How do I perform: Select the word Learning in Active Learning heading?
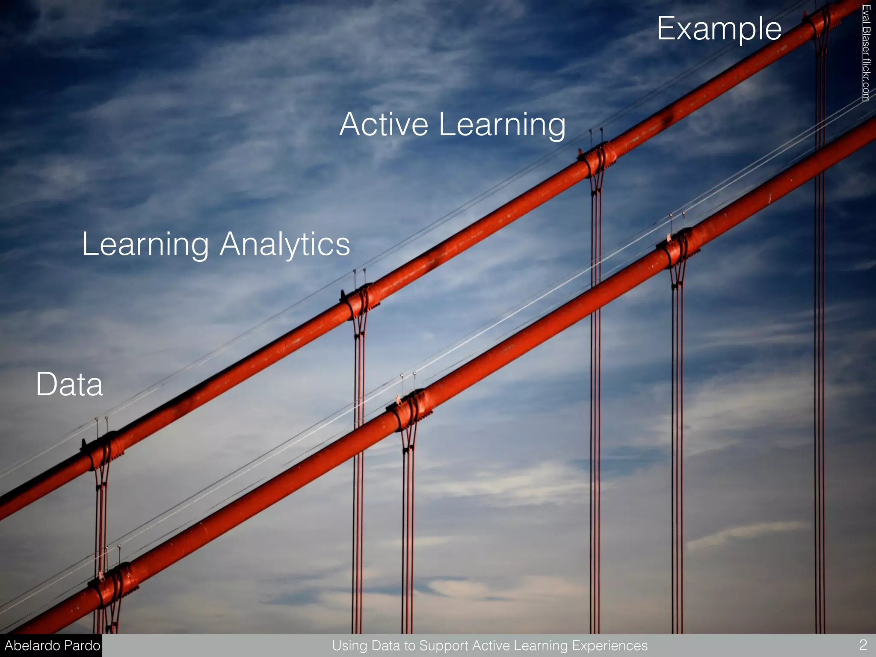pyautogui.click(x=502, y=125)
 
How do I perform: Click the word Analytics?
pyautogui.click(x=285, y=245)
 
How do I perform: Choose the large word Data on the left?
pyautogui.click(x=69, y=384)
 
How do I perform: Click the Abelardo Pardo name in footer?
pyautogui.click(x=52, y=645)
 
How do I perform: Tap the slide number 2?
pyautogui.click(x=863, y=645)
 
